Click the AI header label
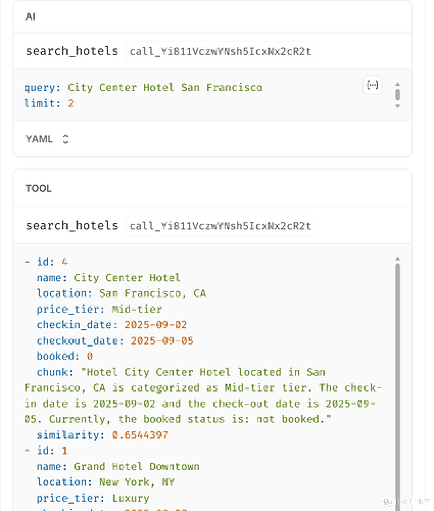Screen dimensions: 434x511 [x=30, y=17]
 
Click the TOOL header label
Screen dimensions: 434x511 [x=39, y=189]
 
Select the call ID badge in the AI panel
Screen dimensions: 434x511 [x=220, y=52]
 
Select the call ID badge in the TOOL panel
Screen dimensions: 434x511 [x=220, y=226]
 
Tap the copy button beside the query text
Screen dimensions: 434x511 [x=373, y=85]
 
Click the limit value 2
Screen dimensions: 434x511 [x=71, y=104]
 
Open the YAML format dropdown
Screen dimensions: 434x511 [x=47, y=139]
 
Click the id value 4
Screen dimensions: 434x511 [x=65, y=262]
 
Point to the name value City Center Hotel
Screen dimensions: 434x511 [x=127, y=278]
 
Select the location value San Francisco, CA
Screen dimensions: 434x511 [x=153, y=293]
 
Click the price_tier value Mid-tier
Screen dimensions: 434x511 [x=137, y=309]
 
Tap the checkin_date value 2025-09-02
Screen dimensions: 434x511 [x=156, y=325]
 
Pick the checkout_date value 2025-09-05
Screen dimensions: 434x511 [x=162, y=341]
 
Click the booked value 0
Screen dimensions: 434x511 [x=90, y=356]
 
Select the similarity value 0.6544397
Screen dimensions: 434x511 [x=140, y=435]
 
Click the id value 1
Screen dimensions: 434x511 [x=65, y=451]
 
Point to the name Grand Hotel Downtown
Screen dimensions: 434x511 [x=137, y=467]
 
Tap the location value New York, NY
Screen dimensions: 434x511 [x=137, y=482]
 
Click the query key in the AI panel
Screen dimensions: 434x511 [x=42, y=88]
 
